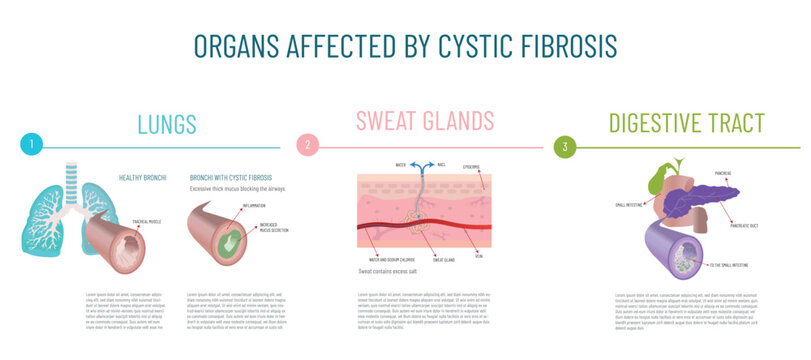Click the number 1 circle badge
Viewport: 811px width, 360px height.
tap(32, 146)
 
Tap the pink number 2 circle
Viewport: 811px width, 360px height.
tap(307, 146)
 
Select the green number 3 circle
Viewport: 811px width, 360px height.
tap(566, 147)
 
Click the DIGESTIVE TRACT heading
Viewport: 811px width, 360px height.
tap(686, 125)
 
